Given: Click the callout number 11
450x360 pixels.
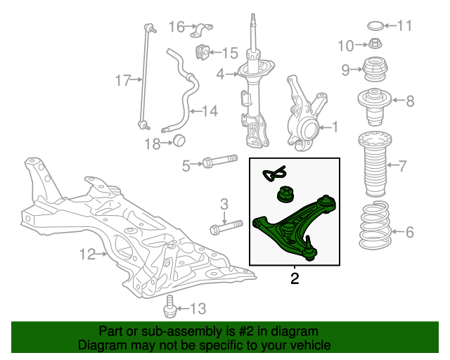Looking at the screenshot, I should point(404,27).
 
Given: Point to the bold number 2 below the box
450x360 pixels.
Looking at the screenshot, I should point(295,279).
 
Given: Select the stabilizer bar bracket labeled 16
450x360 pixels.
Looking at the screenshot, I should point(205,30).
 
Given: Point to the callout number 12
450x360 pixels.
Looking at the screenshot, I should point(86,255).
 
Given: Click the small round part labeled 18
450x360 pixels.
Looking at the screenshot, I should point(179,141).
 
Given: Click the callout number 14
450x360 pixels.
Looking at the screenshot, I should point(210,110).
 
